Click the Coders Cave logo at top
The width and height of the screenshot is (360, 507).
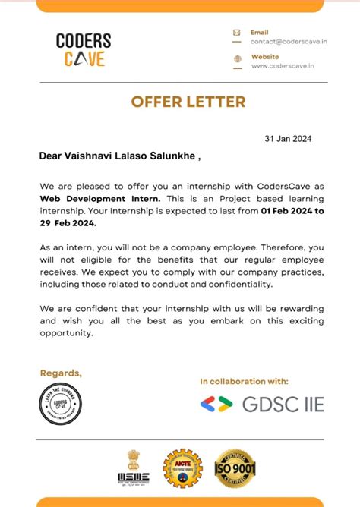click(84, 49)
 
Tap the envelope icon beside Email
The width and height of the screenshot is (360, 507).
click(236, 33)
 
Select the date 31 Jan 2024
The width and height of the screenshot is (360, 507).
click(288, 139)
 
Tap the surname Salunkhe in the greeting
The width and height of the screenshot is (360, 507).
click(172, 156)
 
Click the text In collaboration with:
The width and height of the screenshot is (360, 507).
click(244, 381)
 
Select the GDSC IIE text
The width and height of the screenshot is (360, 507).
click(283, 405)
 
